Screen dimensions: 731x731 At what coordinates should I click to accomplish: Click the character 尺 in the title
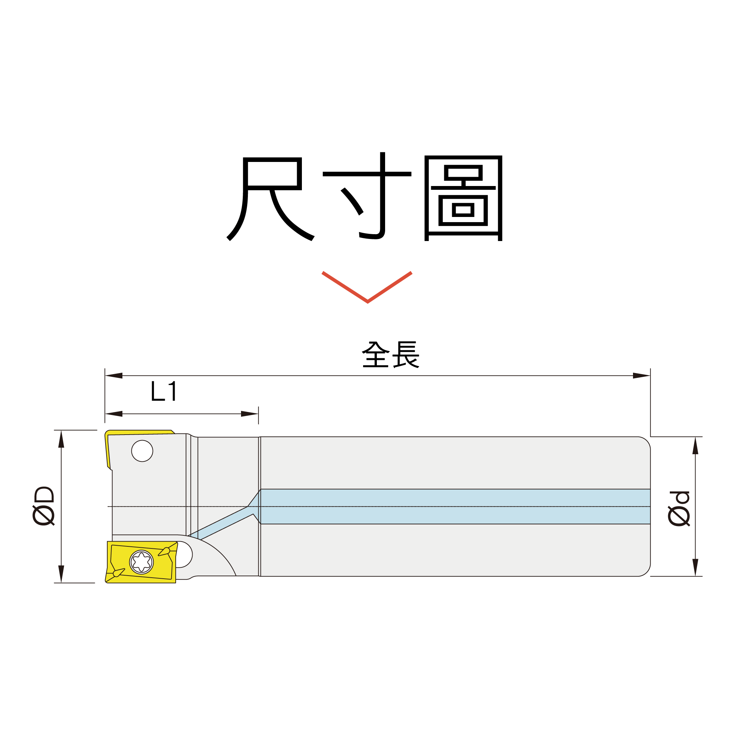coord(270,199)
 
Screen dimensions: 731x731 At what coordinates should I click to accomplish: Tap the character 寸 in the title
coord(367,196)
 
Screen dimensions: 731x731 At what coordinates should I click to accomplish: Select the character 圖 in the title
coord(463,198)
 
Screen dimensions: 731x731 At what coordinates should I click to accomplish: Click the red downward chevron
coord(367,287)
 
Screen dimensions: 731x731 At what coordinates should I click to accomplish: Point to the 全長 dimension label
coord(391,354)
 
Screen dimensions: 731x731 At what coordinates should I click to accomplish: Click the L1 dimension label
coord(163,391)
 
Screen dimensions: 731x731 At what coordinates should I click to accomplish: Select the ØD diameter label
coord(44,506)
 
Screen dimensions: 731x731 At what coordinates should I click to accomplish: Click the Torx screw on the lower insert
coord(142,562)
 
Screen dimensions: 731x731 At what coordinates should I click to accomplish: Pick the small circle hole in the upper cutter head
coord(142,451)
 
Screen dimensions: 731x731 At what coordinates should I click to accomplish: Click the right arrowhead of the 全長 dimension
coord(641,376)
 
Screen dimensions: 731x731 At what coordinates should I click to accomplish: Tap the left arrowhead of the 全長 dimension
coord(114,376)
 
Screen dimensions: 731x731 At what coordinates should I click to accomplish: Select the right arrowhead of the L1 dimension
coord(250,414)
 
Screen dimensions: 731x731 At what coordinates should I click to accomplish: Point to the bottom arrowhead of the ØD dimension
coord(61,574)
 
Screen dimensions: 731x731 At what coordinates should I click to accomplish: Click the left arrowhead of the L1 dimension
coord(114,414)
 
